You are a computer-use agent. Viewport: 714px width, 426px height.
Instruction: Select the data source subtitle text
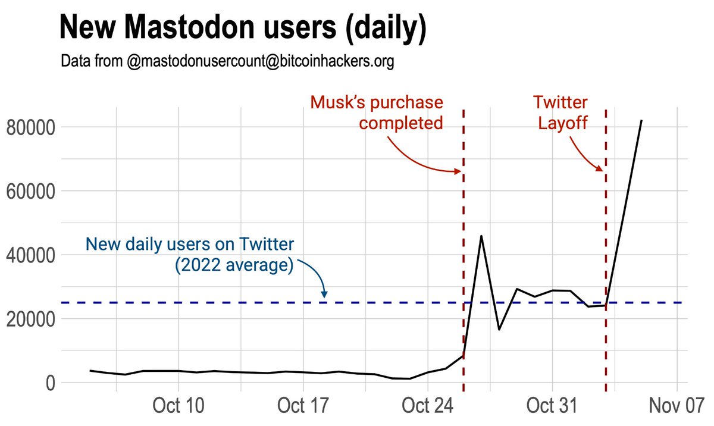coord(227,61)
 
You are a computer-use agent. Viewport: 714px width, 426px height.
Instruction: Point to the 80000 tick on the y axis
coord(30,127)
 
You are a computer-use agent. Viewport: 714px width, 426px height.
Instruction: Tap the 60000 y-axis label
coord(30,192)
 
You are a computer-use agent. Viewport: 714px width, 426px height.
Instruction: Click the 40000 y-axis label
coord(30,255)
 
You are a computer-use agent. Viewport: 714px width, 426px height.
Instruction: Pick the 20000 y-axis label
coord(30,319)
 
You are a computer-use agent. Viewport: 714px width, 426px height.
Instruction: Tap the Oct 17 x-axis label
coord(303,407)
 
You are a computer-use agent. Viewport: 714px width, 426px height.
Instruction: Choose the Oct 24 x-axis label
coord(428,407)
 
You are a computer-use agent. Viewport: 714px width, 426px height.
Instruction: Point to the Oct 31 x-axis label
coord(552,407)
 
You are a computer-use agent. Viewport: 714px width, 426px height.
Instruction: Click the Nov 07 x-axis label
coord(677,407)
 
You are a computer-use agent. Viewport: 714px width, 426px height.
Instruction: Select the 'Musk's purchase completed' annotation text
coord(377,113)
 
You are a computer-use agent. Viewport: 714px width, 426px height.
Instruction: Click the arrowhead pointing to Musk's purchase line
coord(458,171)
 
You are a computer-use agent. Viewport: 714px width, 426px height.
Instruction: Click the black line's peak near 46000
coord(481,236)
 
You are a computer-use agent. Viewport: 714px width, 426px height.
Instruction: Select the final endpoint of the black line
coord(641,120)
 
